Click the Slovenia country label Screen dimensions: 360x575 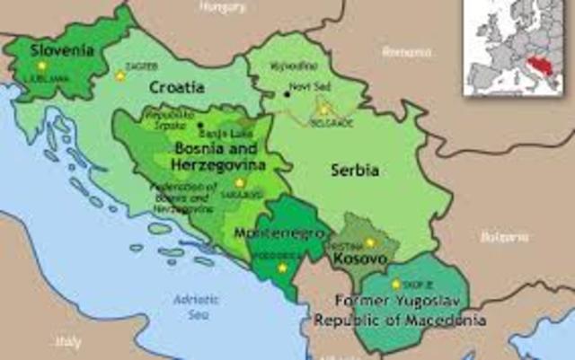coord(62,50)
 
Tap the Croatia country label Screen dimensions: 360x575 coord(177,88)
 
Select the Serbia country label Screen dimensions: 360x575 coord(354,170)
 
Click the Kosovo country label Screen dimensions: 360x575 coord(359,259)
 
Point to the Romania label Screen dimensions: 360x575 coord(406,52)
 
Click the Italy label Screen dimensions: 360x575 coord(68,342)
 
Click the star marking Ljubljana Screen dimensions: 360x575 coord(40,66)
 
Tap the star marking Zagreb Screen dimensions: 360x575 coord(120,75)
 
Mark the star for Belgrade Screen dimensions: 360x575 coord(324,110)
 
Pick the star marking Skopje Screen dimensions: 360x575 coord(396,284)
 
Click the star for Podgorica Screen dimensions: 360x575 coord(283,267)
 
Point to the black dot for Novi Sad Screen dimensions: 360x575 coord(287,92)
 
